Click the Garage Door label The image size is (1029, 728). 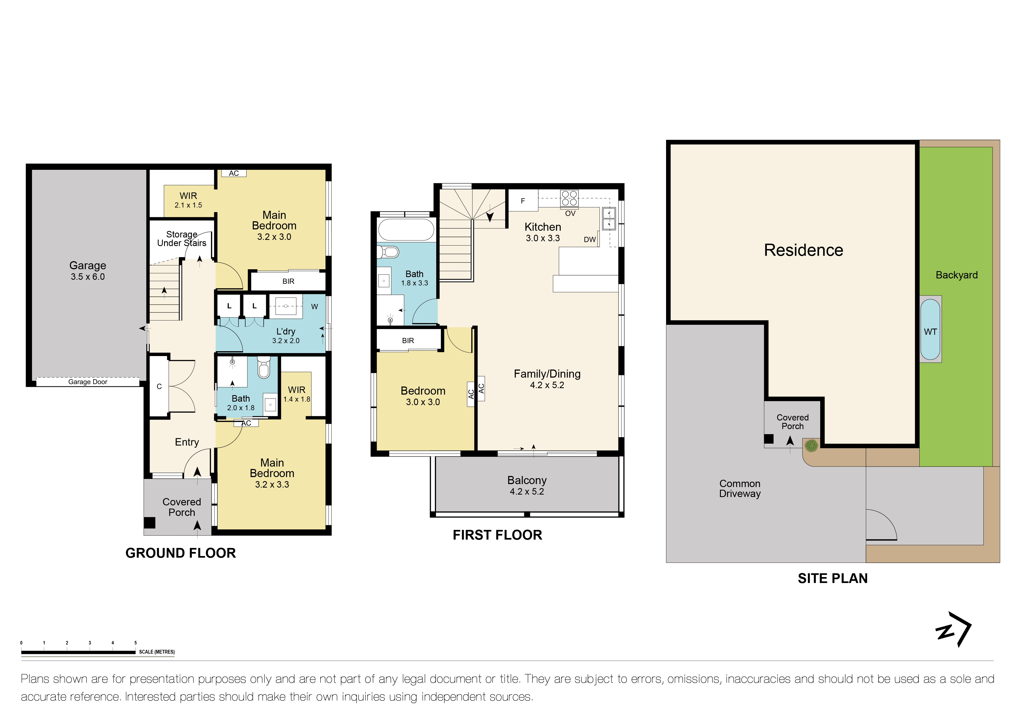point(88,382)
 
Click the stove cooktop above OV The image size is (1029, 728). point(569,198)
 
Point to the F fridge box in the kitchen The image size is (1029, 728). point(522,201)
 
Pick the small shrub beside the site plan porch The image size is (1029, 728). point(811,446)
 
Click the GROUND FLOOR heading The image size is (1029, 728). point(180,553)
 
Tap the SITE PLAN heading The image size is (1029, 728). point(832,578)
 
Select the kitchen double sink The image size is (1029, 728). point(609,218)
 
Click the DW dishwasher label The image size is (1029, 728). point(590,239)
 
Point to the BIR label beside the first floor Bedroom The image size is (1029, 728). point(408,341)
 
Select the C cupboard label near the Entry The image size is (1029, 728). point(159,387)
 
